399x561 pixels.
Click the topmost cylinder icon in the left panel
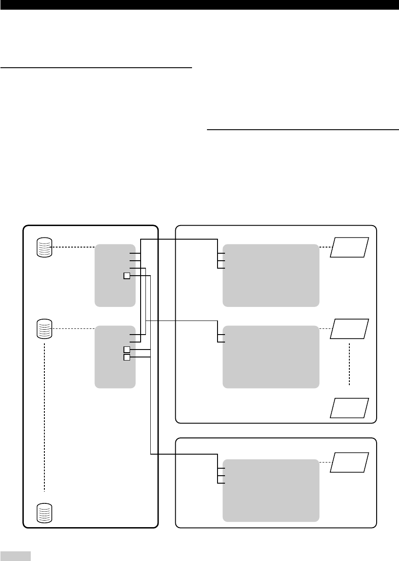[44, 248]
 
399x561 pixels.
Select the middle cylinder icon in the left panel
[44, 329]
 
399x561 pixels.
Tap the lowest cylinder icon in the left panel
[44, 513]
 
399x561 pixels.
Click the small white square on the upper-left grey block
[127, 276]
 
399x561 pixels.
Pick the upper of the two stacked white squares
[127, 350]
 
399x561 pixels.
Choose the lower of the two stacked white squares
[127, 357]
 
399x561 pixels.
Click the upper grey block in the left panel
[115, 275]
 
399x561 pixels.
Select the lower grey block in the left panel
[115, 357]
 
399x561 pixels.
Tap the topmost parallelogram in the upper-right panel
[350, 247]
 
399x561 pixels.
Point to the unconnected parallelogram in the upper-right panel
[350, 408]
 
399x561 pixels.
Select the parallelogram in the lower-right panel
[350, 462]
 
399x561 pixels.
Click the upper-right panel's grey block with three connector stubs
[271, 275]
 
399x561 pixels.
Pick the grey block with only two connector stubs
[271, 357]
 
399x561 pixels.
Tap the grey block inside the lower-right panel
[271, 490]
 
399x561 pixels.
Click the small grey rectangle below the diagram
[15, 556]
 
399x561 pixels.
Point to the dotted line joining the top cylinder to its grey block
[74, 248]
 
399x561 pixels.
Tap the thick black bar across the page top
[199, 5]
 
